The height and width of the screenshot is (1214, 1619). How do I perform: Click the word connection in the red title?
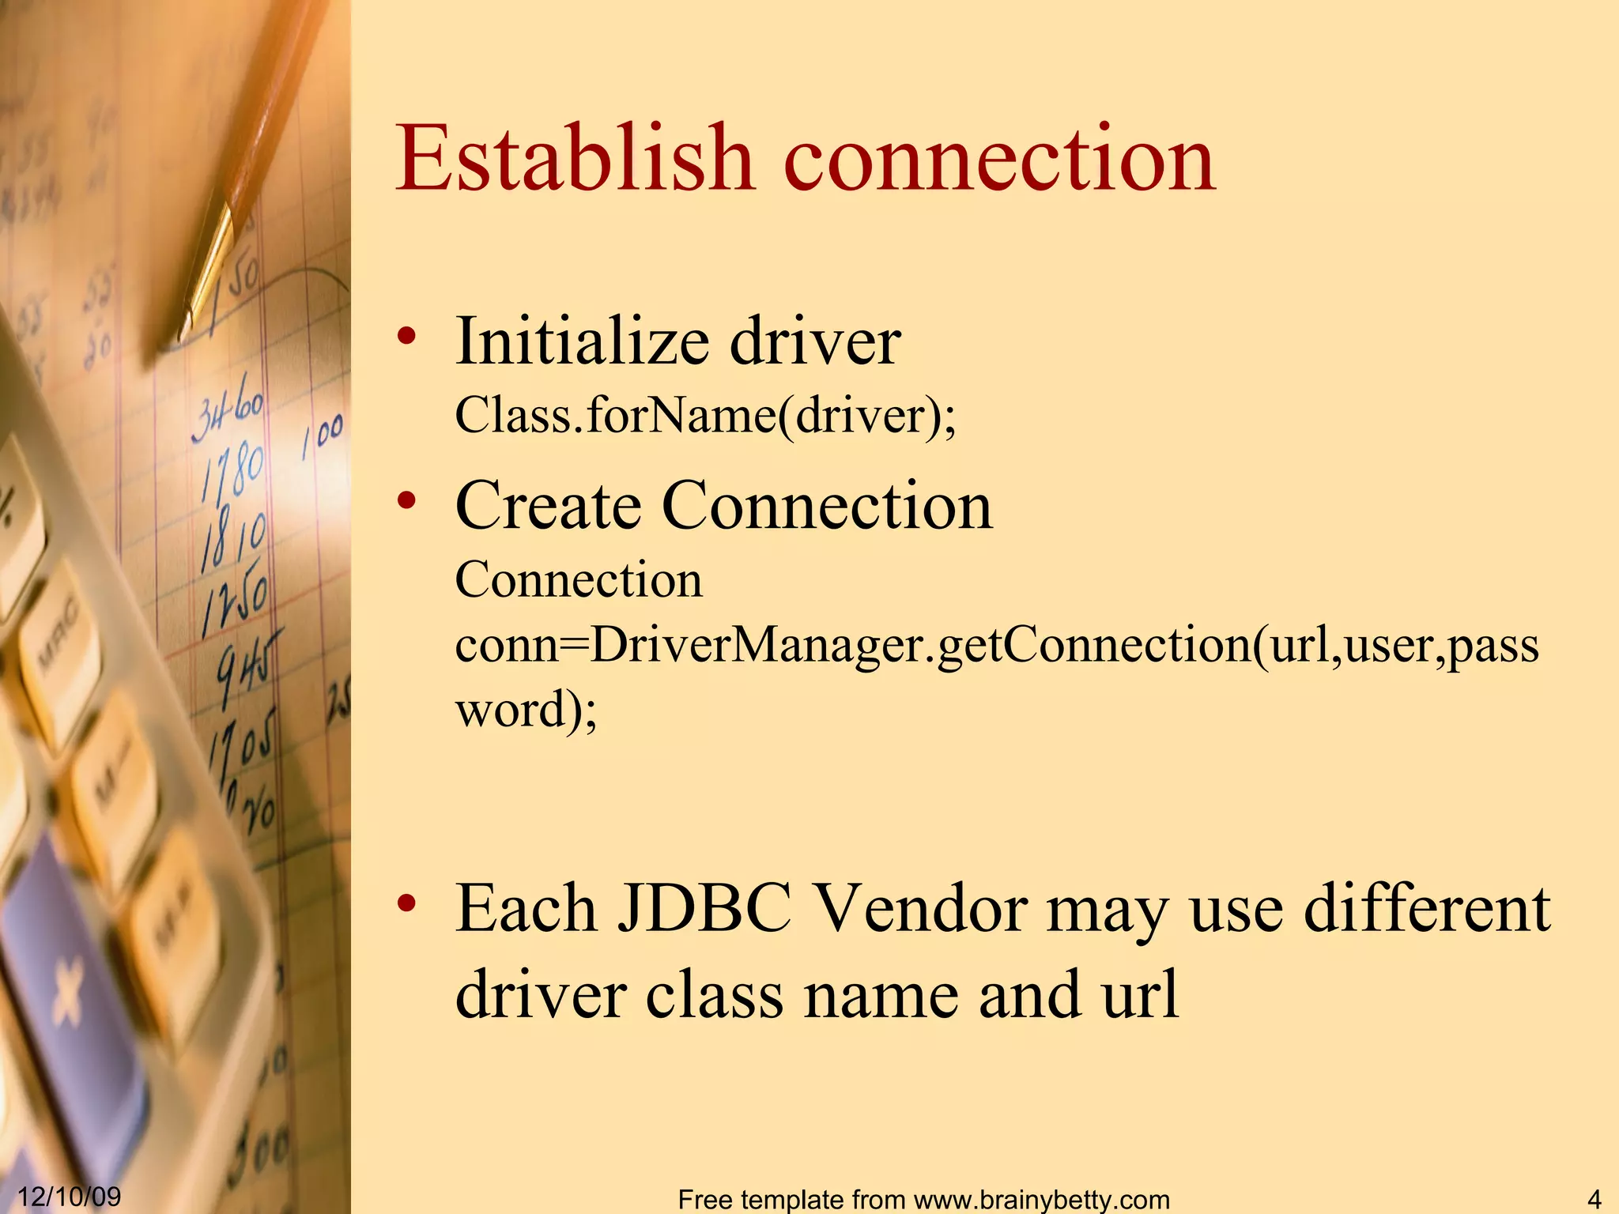999,161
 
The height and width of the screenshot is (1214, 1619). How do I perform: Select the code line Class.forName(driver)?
705,415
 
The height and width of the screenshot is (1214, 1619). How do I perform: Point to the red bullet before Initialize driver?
406,337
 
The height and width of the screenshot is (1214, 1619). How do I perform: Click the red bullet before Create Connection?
406,500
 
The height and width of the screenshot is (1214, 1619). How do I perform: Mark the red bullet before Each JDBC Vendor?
406,903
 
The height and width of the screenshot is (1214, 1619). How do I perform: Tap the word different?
1427,909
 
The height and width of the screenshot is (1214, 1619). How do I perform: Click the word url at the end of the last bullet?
1141,994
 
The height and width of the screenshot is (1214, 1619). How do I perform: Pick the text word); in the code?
526,709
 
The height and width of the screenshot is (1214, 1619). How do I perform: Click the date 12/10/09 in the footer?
70,1196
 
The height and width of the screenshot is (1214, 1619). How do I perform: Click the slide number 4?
1594,1198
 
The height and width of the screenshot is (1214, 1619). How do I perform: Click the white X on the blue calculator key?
67,992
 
